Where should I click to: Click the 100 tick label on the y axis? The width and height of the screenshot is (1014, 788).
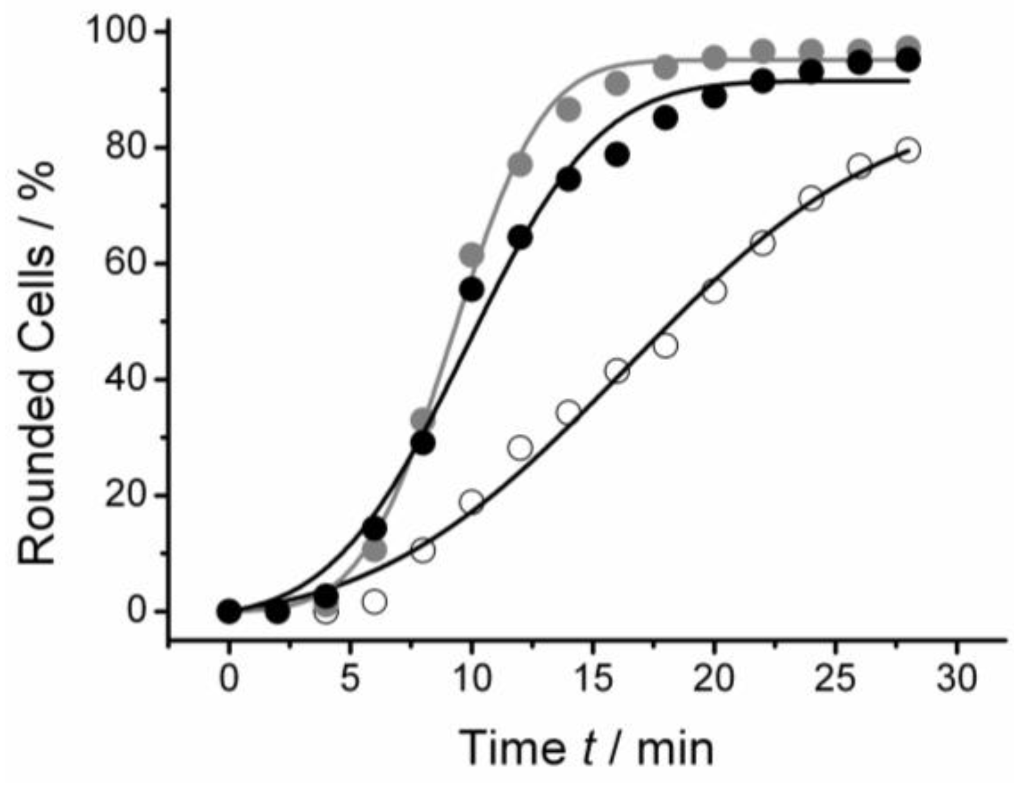(117, 30)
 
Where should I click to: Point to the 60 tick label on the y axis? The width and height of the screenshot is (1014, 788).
(127, 263)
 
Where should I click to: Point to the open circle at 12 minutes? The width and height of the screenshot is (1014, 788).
(520, 447)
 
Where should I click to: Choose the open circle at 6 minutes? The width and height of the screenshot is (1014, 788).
(374, 602)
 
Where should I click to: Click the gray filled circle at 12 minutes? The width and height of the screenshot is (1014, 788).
(520, 164)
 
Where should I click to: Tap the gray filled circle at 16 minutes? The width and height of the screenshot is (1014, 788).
(618, 84)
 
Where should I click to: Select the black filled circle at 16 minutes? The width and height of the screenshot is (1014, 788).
(618, 155)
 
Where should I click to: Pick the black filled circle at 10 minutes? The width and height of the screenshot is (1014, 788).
(472, 289)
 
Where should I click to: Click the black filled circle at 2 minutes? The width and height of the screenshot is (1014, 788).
(277, 611)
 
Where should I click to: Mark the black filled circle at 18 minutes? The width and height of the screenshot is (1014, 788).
(666, 118)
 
